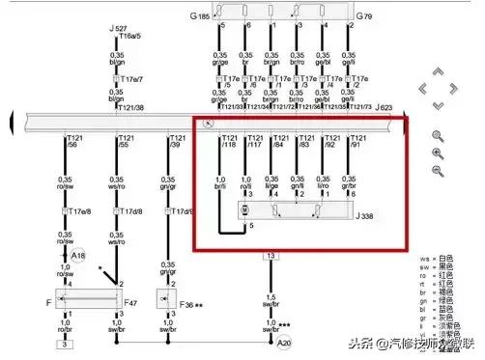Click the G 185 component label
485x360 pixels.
(x=199, y=16)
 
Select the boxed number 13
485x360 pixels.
(x=271, y=256)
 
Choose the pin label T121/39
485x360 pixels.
(x=173, y=144)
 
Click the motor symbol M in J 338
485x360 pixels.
(x=244, y=209)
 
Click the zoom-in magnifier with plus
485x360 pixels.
(x=438, y=153)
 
